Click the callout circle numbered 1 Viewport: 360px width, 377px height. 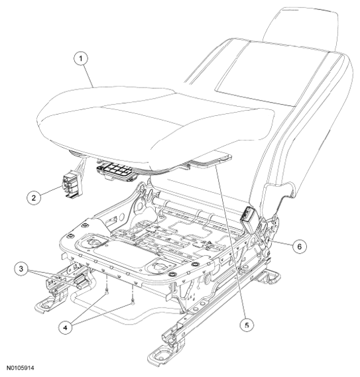tap(81, 58)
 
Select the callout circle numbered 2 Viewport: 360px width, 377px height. tap(33, 197)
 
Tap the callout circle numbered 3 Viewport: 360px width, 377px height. tap(21, 269)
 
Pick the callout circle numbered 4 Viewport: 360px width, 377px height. tap(66, 327)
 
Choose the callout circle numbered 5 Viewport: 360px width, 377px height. tap(247, 325)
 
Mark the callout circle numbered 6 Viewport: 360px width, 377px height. tap(300, 246)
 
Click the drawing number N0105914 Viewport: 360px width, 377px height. tap(20, 368)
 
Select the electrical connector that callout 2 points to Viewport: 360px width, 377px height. tap(72, 185)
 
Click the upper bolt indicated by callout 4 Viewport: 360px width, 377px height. tap(107, 292)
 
